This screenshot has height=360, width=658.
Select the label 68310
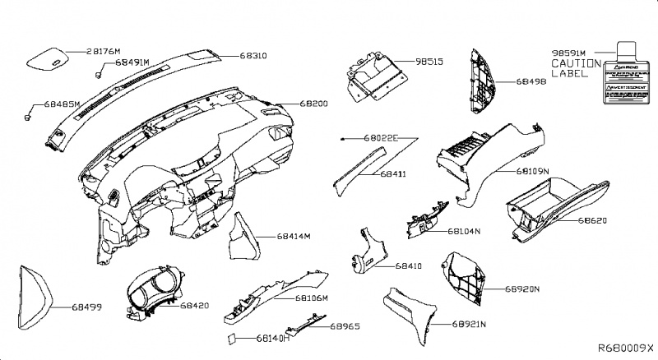(x=250, y=56)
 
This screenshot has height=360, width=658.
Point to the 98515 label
(x=429, y=62)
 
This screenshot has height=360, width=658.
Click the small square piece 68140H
(x=233, y=337)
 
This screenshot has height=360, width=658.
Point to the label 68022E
(x=381, y=140)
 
